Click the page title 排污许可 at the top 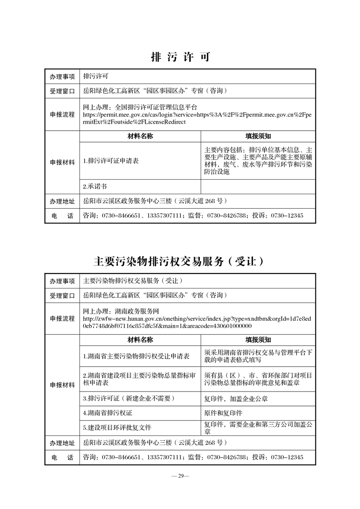tap(180, 58)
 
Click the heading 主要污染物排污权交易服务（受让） tap(180, 262)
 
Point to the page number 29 tap(180, 476)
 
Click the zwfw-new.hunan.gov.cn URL tap(197, 322)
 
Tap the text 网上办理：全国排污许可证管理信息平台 tap(140, 108)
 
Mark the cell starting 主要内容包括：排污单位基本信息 tap(258, 161)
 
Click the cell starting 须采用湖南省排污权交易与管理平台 tap(258, 356)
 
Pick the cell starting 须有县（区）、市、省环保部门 tap(258, 379)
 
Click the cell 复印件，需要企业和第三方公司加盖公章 tap(258, 427)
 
